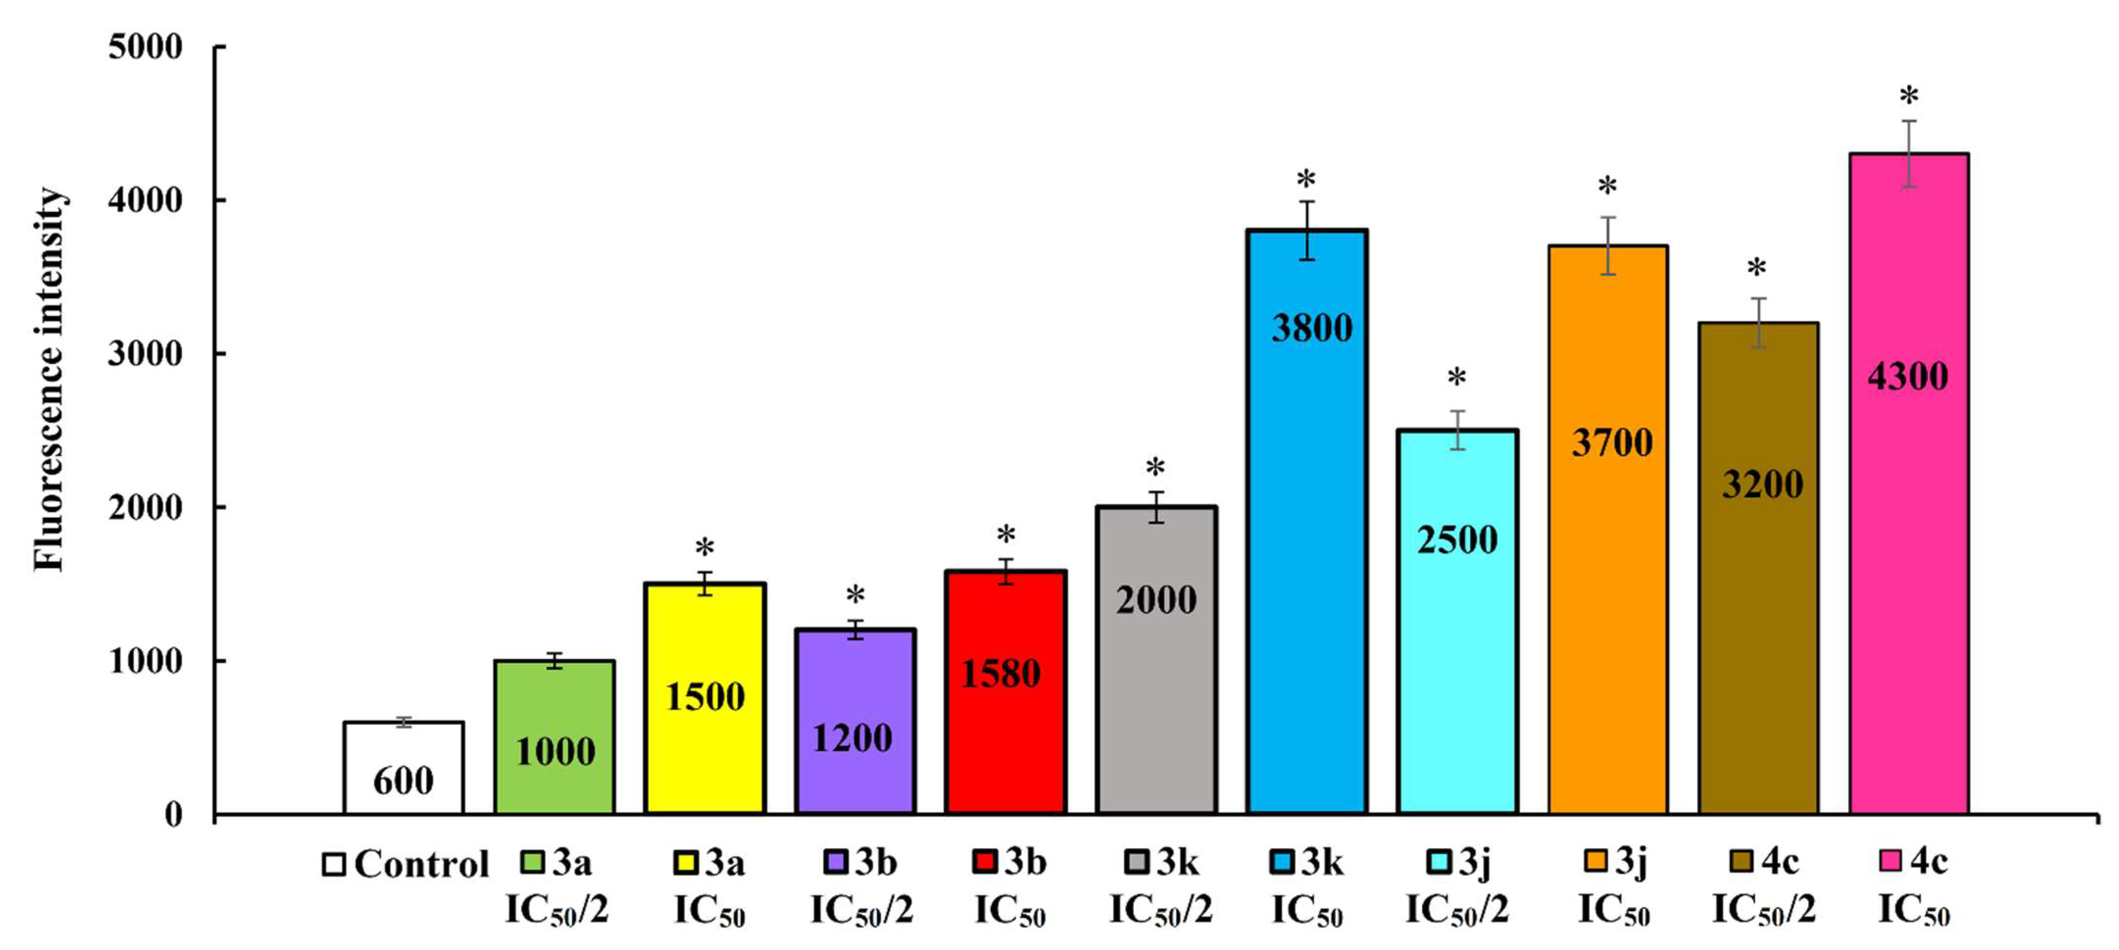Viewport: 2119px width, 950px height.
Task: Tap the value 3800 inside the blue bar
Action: [x=1312, y=328]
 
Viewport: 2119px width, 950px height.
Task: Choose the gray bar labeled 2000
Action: [x=1156, y=699]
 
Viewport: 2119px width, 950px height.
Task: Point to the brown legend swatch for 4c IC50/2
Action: [x=1742, y=861]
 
